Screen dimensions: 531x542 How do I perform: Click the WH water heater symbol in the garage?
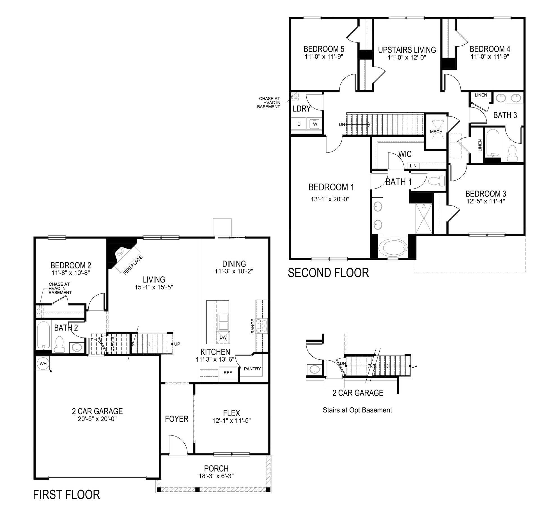click(x=43, y=364)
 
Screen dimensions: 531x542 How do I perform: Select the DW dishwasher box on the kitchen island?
click(x=223, y=337)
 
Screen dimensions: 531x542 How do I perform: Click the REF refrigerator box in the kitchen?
click(x=228, y=373)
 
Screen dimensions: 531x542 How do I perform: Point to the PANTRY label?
click(x=252, y=369)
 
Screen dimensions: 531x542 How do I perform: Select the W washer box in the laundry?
click(x=315, y=124)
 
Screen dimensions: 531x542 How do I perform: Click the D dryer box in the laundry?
click(x=299, y=124)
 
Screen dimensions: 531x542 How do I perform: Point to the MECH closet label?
click(x=436, y=131)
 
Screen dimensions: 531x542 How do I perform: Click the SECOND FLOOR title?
click(x=328, y=273)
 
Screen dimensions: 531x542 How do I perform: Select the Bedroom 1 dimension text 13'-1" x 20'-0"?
click(x=330, y=199)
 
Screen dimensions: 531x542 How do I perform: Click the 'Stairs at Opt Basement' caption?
click(x=357, y=410)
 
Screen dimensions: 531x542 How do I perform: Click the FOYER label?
click(x=176, y=419)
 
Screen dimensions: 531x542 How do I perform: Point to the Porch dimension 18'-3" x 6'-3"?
click(x=216, y=476)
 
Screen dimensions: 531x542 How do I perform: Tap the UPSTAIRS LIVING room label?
click(x=407, y=50)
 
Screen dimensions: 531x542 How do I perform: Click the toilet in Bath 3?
click(x=512, y=153)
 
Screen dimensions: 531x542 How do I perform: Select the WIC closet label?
click(x=405, y=154)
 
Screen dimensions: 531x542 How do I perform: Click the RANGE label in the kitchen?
click(x=253, y=326)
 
